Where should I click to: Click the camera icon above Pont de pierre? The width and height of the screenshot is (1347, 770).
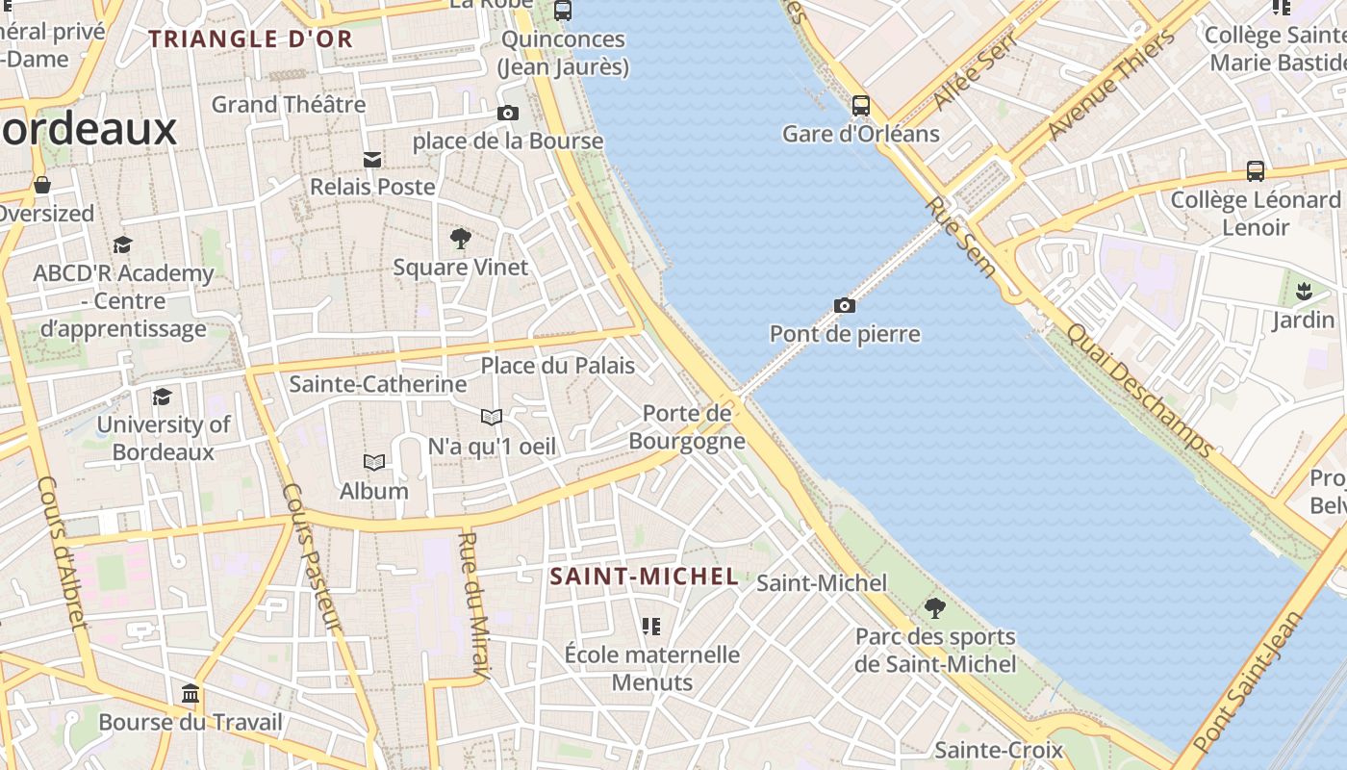(844, 306)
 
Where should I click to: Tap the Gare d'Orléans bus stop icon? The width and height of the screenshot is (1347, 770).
(861, 106)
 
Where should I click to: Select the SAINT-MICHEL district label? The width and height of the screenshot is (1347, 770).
(644, 577)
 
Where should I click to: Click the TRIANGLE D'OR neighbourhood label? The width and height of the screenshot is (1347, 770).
(251, 39)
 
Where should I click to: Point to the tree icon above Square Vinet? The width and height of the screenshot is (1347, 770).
(461, 238)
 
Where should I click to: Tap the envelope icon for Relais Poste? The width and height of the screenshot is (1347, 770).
(371, 159)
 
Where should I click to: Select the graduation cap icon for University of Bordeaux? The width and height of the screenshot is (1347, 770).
(163, 397)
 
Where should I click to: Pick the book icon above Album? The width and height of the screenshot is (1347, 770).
(374, 463)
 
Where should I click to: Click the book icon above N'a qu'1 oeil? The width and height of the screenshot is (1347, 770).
(492, 417)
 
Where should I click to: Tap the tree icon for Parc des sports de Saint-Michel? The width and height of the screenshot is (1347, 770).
(934, 608)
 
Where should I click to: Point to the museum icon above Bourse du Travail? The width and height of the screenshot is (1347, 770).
(191, 694)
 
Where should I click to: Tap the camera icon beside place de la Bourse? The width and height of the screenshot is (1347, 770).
(508, 114)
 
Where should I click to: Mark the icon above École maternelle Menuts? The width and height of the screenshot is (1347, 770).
(651, 627)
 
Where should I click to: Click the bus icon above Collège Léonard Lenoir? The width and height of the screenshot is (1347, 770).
(1256, 171)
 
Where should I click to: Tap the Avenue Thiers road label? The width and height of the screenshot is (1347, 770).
(1112, 85)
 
